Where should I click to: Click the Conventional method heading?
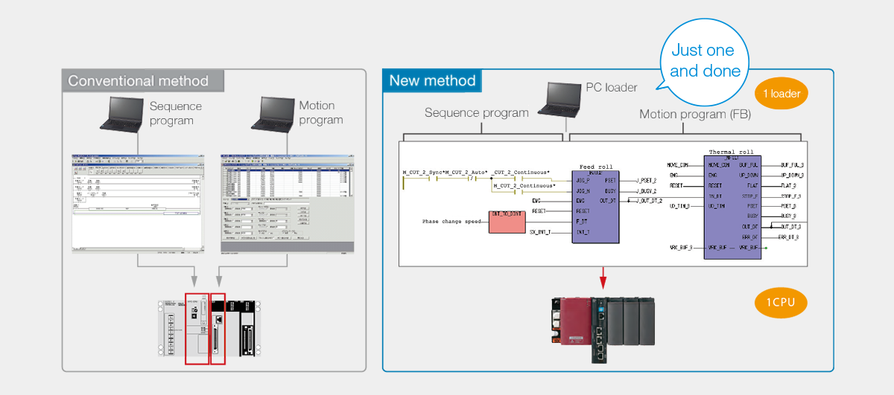(x=139, y=81)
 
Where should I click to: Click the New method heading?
(x=432, y=81)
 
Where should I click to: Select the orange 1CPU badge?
(x=781, y=303)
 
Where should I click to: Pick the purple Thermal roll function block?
(x=732, y=207)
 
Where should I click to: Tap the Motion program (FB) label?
(x=694, y=114)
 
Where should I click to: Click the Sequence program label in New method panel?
(x=477, y=113)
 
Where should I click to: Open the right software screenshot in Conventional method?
(x=287, y=203)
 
